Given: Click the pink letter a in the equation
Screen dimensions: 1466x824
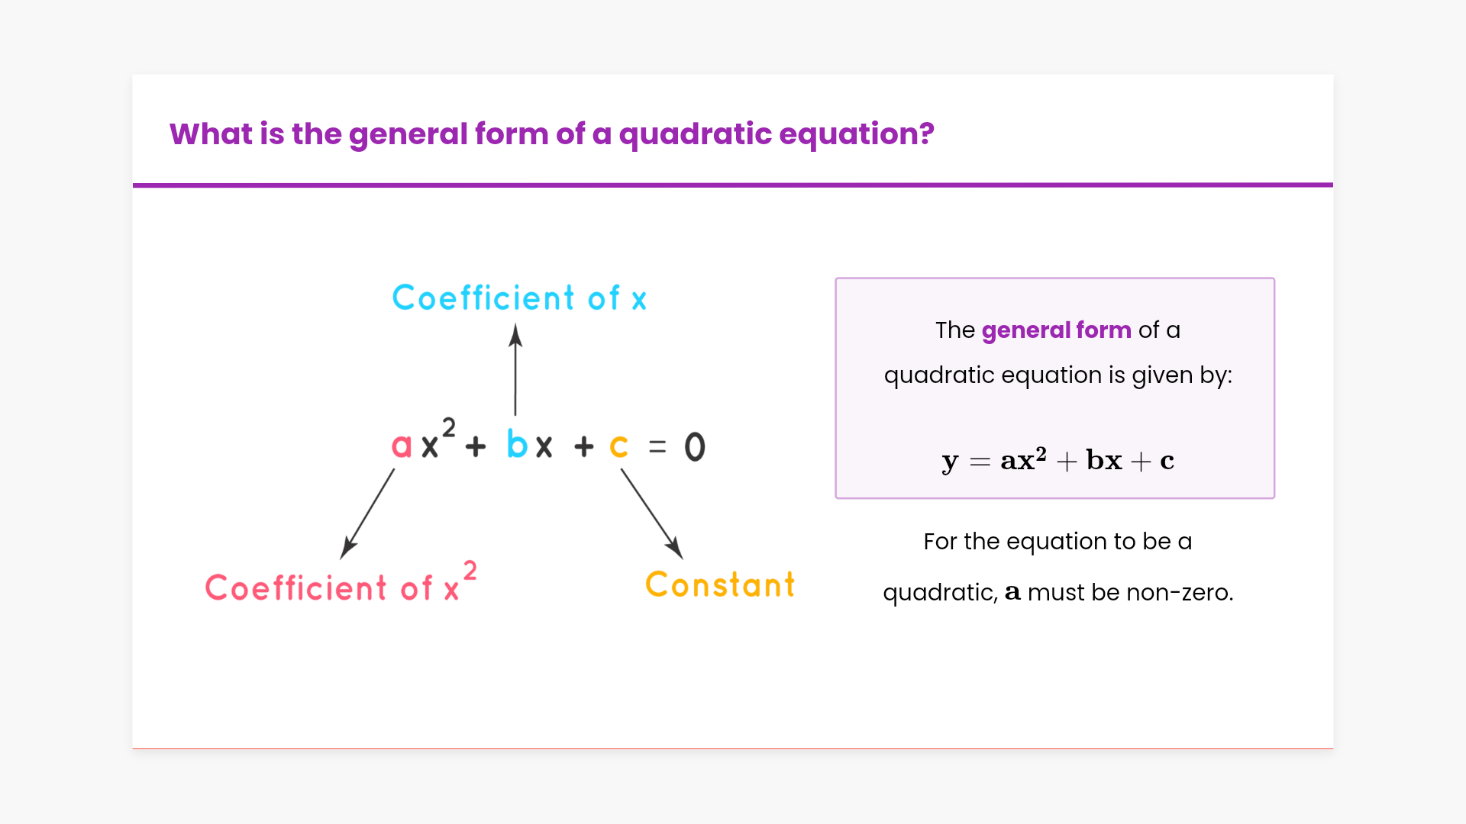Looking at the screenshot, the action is coord(402,446).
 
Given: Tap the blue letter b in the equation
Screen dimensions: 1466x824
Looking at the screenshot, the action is coord(517,443).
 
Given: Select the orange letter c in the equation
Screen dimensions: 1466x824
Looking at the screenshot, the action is coord(618,446).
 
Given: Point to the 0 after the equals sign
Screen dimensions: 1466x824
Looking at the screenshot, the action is coord(695,446).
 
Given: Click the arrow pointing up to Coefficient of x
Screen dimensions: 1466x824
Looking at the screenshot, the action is coord(515,369).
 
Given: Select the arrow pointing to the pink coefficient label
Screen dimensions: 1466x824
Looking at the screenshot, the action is coord(367,513).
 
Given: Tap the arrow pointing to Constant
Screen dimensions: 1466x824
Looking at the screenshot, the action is coord(651,513).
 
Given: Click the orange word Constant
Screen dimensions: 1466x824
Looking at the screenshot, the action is coord(720,585).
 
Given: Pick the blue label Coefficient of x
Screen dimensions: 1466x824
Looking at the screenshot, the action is coord(519,298).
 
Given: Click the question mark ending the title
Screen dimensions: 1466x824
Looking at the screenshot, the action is coord(926,134).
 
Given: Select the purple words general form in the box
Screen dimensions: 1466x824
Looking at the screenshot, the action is coord(1056,330).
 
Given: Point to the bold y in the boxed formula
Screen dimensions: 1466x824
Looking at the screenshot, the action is coord(950,462).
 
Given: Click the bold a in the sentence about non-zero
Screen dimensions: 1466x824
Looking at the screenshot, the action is coord(1012,592).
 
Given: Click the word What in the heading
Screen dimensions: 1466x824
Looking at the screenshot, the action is coord(211,134).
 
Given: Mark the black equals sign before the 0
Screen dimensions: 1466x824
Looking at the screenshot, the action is coord(657,447).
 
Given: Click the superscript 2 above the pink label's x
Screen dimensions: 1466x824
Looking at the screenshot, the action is coord(470,570).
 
